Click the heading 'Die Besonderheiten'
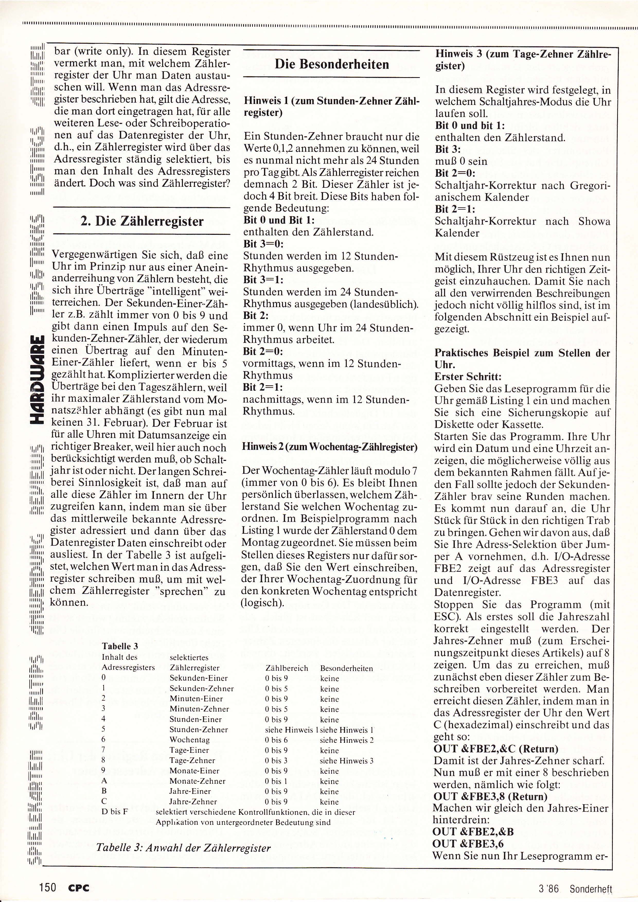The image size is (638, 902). click(x=332, y=64)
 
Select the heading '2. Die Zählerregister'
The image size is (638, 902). click(x=142, y=221)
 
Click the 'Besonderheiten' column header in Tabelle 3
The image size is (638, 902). click(x=347, y=668)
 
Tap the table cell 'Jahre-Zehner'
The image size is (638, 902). click(x=193, y=801)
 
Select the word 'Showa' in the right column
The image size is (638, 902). click(x=594, y=221)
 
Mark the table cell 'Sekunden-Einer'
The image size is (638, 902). click(x=198, y=678)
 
